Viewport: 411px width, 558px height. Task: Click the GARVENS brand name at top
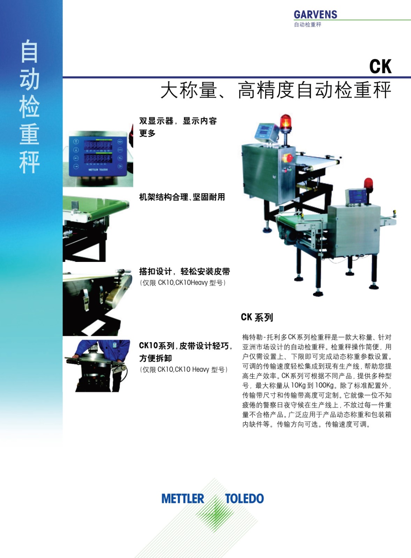point(315,14)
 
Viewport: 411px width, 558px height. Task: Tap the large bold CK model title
point(380,67)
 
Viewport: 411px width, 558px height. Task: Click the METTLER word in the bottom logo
point(183,499)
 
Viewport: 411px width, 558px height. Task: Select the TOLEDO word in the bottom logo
point(244,499)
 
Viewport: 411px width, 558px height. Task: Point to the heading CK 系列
point(257,317)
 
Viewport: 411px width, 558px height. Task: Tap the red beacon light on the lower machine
point(368,183)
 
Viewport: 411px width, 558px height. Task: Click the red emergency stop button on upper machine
point(289,158)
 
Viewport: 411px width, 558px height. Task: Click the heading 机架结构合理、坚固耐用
point(182,197)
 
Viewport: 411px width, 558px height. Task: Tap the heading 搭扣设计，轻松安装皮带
point(185,271)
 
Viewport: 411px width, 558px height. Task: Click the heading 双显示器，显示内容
point(178,121)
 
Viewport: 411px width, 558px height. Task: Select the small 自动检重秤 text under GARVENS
point(308,25)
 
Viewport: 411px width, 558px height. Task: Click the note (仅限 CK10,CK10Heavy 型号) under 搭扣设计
point(183,283)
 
